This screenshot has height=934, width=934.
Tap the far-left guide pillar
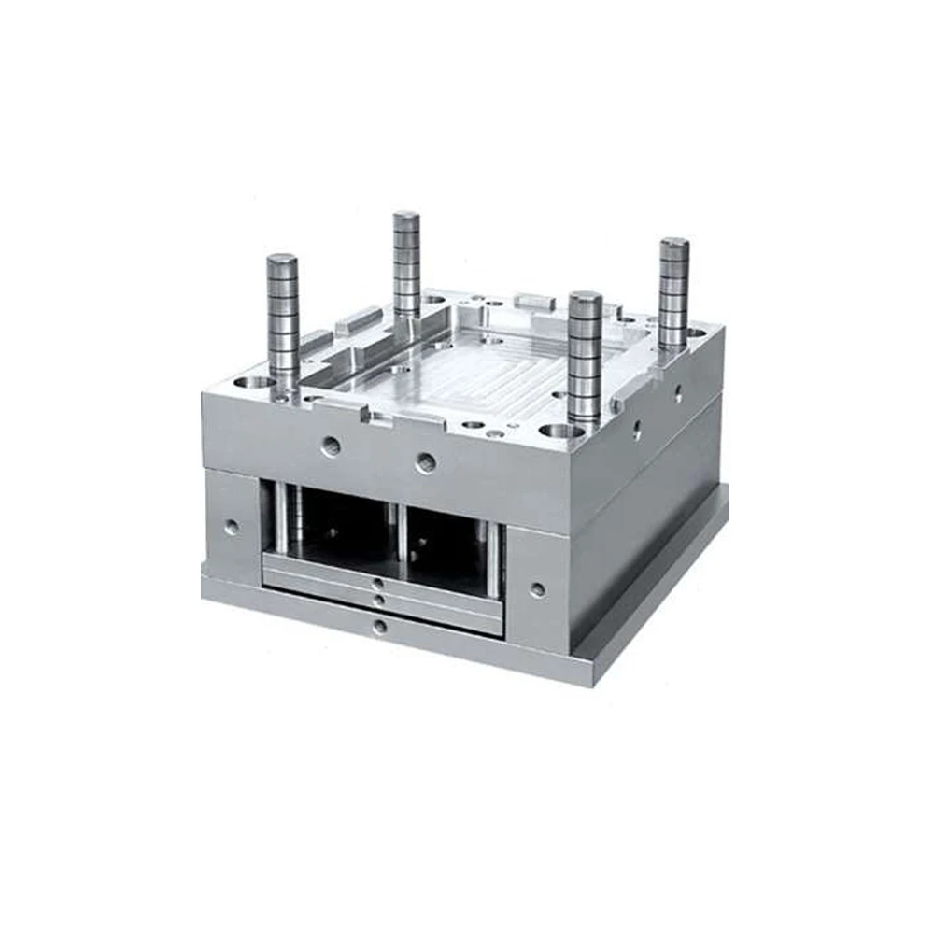(282, 318)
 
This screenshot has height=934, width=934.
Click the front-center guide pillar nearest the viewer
(585, 360)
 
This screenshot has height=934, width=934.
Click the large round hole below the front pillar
(561, 432)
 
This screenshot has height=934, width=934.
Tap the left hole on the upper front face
(331, 446)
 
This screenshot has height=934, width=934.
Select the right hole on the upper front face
(425, 460)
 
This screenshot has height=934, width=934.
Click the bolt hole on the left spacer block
(231, 526)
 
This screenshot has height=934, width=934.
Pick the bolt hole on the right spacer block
(537, 589)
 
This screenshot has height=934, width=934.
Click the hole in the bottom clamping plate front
(378, 627)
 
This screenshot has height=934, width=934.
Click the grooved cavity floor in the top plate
(486, 374)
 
